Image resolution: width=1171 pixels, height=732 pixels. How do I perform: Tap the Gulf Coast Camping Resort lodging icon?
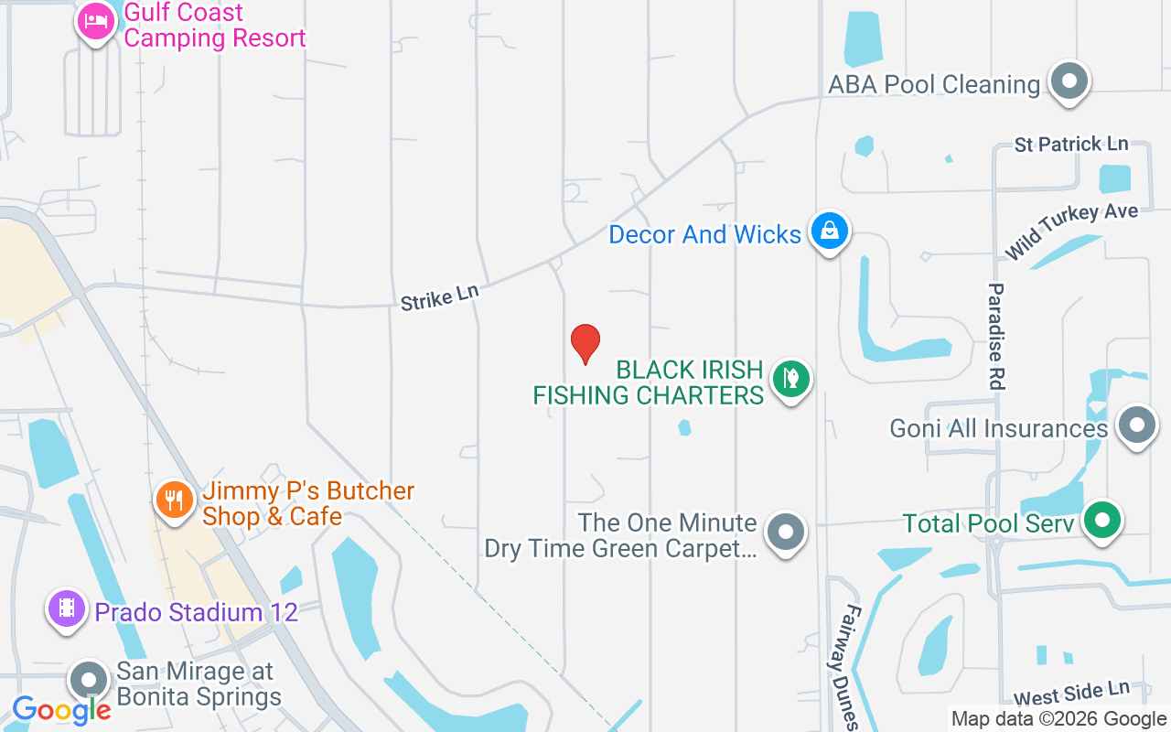click(x=96, y=21)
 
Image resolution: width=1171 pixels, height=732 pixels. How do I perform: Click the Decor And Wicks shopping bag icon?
click(x=829, y=231)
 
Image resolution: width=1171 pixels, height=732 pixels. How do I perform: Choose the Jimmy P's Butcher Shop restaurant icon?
click(x=172, y=500)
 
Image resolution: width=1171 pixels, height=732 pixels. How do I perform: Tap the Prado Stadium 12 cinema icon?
click(x=66, y=608)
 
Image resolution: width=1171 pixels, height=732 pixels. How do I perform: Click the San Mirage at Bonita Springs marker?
click(x=90, y=681)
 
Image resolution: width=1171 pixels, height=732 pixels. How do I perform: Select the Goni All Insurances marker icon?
click(x=1135, y=425)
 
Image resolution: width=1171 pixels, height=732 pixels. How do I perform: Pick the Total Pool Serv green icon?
click(x=1102, y=521)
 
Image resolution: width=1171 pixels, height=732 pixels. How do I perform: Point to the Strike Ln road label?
click(x=439, y=296)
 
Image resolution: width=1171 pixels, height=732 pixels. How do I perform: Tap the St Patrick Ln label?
click(x=1070, y=145)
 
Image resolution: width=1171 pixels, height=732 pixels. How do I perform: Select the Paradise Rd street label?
click(x=996, y=337)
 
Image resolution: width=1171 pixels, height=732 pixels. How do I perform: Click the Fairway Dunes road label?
click(x=848, y=666)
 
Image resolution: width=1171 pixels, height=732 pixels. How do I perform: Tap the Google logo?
click(x=62, y=709)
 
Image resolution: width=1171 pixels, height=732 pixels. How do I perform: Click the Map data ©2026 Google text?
click(x=1058, y=719)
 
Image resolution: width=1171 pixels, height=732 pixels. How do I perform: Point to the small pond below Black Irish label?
click(x=684, y=427)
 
